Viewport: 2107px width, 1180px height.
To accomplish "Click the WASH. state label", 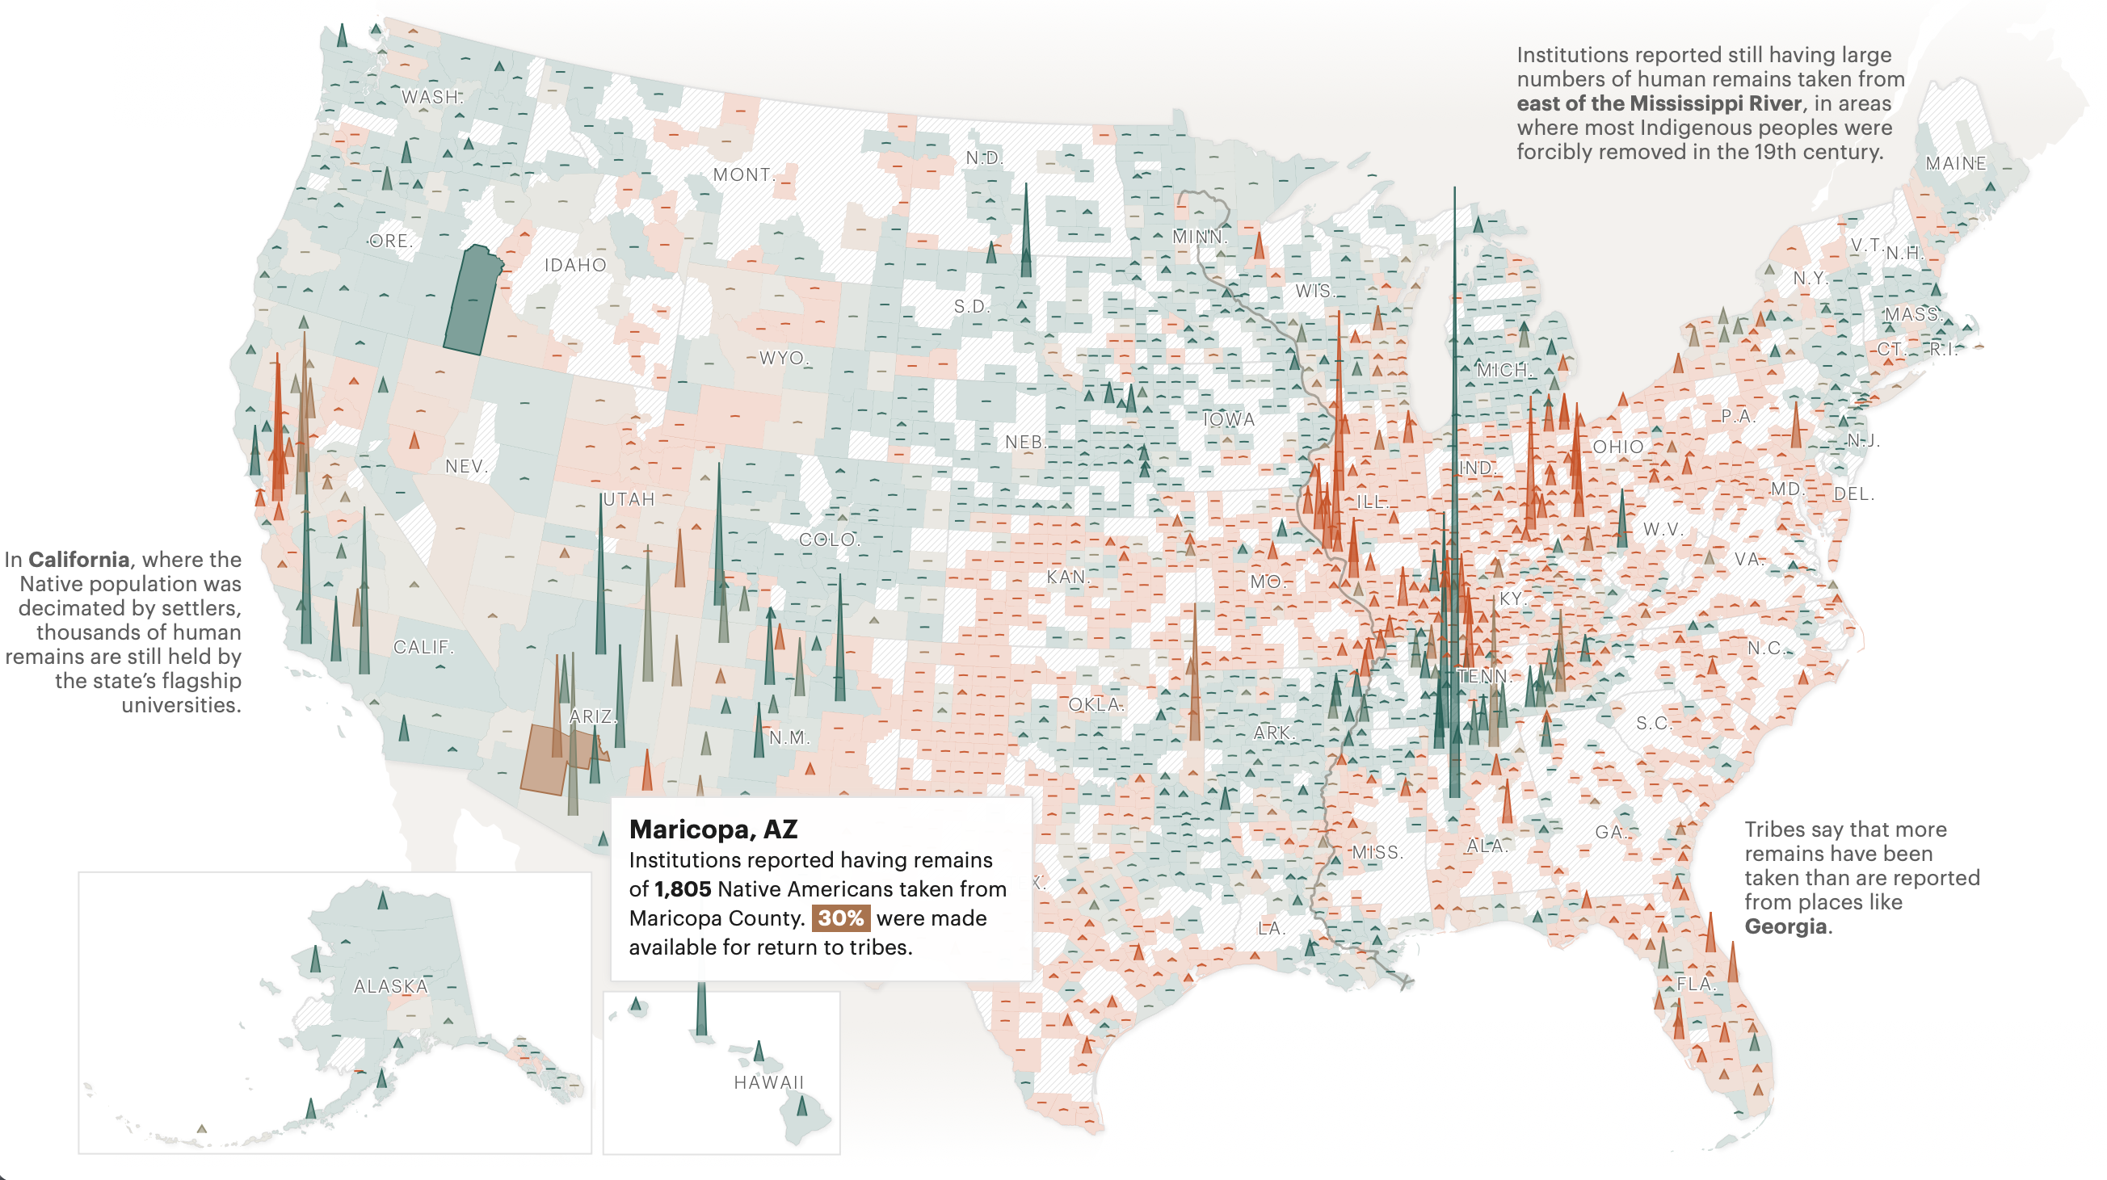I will click(431, 96).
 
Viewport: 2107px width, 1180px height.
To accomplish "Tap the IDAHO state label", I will click(575, 265).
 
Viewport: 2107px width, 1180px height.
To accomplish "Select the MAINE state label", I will click(1955, 163).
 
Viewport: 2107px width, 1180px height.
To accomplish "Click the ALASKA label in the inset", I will click(390, 986).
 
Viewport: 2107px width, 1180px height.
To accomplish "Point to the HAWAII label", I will click(769, 1082).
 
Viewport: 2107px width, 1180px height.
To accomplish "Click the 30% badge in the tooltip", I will click(840, 918).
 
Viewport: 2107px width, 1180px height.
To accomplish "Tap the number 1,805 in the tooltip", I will click(682, 889).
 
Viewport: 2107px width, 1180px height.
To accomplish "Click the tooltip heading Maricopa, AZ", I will click(713, 829).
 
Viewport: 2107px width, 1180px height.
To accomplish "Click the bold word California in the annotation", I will click(78, 560).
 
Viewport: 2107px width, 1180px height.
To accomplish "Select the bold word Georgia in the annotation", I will click(1785, 926).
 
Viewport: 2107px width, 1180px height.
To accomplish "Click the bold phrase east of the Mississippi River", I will click(1659, 103).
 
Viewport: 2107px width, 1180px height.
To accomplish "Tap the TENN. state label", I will click(1484, 676).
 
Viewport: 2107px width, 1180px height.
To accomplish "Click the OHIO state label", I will click(1617, 447).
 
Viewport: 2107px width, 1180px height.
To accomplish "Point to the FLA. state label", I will click(1696, 984).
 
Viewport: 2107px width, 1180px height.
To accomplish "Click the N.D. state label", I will click(983, 157).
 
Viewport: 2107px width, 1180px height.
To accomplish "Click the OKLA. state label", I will click(1096, 704).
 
